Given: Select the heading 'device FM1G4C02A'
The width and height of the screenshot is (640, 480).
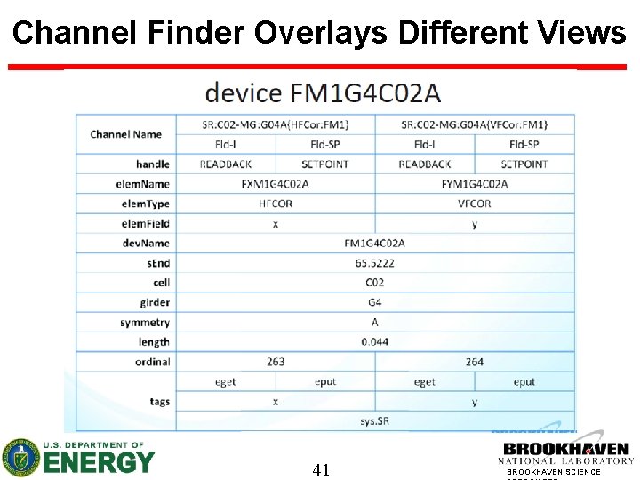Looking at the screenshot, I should click(323, 92).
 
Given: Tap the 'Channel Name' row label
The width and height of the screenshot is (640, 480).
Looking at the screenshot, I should click(125, 134).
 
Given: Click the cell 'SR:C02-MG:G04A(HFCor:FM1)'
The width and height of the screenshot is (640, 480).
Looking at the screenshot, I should click(276, 124).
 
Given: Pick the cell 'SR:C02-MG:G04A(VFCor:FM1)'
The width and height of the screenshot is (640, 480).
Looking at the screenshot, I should click(474, 124).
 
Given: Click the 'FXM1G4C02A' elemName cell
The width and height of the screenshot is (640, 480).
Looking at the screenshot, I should click(276, 184).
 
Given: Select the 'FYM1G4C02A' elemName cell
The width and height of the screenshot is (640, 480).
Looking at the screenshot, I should click(474, 184).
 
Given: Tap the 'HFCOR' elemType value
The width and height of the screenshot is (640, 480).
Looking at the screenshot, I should click(276, 204).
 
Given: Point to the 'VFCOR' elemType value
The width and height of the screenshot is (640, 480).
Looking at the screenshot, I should click(474, 204).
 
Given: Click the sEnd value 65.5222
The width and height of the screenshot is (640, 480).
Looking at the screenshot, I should click(374, 263).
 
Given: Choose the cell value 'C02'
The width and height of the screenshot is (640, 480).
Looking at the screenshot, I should click(374, 283).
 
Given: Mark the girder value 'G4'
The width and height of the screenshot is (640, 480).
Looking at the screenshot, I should click(374, 302).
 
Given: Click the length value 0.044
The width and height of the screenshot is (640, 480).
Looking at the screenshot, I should click(374, 342).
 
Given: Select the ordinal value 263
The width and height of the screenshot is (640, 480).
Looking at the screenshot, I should click(276, 362).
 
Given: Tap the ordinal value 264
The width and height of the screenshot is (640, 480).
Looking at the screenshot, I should click(474, 362).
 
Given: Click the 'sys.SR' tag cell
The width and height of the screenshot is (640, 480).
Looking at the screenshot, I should click(374, 421).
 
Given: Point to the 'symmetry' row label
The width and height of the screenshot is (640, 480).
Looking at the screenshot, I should click(145, 323).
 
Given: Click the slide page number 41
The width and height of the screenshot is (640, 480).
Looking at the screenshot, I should click(321, 469).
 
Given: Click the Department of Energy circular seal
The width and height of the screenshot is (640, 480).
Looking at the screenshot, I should click(20, 458).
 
